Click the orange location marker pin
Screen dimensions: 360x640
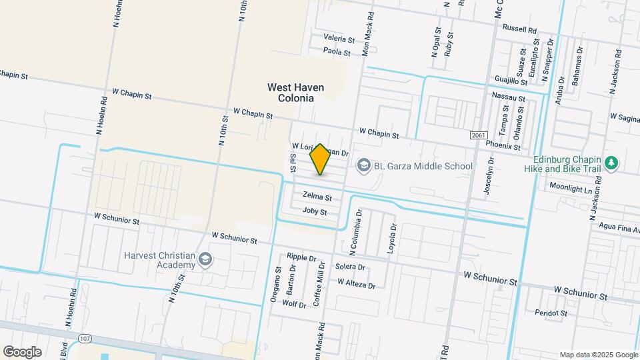(x=321, y=159)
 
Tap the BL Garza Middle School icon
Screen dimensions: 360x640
(x=363, y=165)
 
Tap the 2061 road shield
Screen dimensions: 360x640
(x=478, y=135)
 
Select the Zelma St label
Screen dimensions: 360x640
(x=317, y=196)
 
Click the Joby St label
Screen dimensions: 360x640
(x=315, y=211)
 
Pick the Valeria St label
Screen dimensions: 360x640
(x=338, y=38)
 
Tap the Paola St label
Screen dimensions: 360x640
(x=337, y=51)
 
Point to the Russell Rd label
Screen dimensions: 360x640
(x=519, y=29)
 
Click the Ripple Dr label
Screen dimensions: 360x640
(x=301, y=257)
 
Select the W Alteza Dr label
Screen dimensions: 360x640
(x=356, y=283)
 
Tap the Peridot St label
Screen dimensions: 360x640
(x=551, y=312)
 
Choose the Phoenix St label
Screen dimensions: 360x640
(x=503, y=145)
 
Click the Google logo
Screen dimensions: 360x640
(x=22, y=352)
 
